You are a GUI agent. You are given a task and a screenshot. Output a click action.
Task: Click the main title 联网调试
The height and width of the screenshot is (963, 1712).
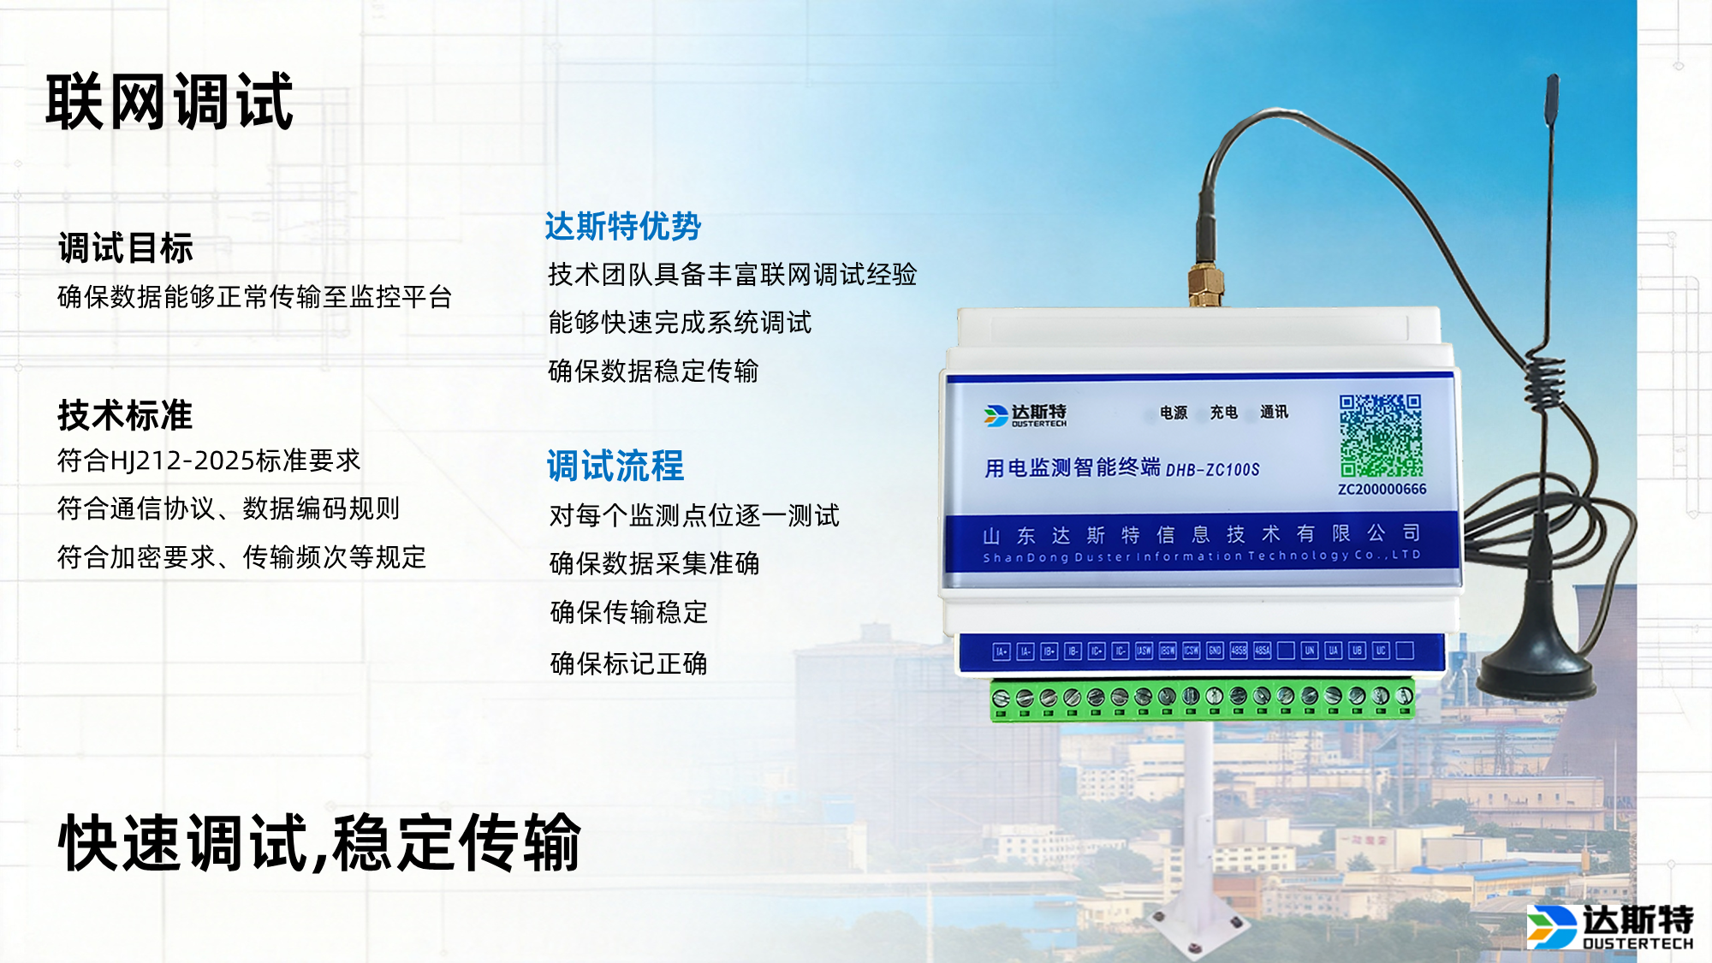click(x=169, y=102)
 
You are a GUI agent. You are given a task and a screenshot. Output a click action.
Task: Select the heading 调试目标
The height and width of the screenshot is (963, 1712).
click(x=126, y=248)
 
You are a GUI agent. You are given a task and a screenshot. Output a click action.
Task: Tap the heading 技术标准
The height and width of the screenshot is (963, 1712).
click(x=125, y=415)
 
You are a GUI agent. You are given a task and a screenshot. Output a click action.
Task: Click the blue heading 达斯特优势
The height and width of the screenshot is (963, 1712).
click(x=622, y=227)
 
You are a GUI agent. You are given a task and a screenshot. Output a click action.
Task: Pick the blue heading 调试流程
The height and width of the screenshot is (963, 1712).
click(x=615, y=467)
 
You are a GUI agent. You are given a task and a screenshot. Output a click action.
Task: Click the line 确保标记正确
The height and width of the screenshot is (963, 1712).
click(x=628, y=663)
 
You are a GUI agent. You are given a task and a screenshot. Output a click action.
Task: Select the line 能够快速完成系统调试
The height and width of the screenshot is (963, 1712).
click(x=680, y=323)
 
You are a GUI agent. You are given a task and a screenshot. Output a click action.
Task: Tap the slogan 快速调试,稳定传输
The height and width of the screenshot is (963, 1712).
click(x=319, y=843)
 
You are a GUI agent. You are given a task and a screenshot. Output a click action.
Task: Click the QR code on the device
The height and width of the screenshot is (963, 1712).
click(x=1381, y=436)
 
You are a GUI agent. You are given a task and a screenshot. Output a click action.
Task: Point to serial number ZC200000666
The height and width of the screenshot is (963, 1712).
click(x=1382, y=490)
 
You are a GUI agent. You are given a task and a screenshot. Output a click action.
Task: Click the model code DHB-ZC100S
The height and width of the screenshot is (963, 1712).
click(x=1212, y=470)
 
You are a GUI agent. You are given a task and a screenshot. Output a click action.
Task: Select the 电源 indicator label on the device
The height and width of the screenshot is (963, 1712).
click(x=1174, y=413)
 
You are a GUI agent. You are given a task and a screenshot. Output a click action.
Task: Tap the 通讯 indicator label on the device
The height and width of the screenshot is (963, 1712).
click(x=1274, y=413)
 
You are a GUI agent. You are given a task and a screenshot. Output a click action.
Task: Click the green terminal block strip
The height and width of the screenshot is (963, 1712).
click(x=1202, y=699)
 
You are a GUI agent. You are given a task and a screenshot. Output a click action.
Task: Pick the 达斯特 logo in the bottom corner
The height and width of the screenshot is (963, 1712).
click(x=1609, y=926)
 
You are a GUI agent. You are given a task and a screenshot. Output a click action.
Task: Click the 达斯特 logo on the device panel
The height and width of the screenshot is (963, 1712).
click(x=1025, y=415)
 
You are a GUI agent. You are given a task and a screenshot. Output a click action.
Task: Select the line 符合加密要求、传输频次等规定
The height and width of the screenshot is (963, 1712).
click(x=241, y=558)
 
